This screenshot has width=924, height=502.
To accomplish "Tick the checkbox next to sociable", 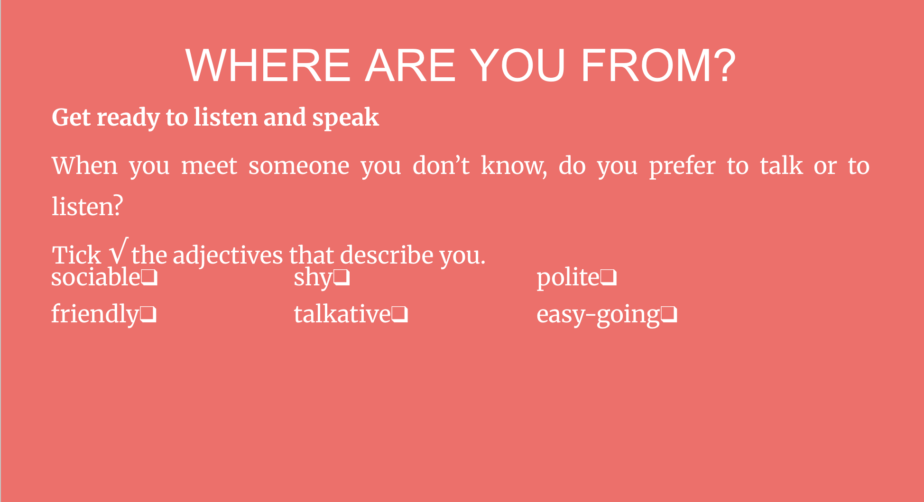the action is pos(149,278).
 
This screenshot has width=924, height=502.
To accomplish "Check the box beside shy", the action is pos(342,278).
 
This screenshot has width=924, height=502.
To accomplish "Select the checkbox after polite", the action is pos(609,278).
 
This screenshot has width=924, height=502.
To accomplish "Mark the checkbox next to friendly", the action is pos(148,315).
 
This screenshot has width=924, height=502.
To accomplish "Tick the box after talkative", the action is pos(399,315).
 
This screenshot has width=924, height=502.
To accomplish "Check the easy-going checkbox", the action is pos(669,315).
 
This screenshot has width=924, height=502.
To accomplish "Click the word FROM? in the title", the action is pos(658,65).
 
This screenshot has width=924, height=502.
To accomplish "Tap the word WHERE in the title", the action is pos(268,65).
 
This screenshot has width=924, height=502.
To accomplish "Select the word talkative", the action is pos(342,314).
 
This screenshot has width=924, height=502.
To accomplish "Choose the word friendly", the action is pos(95,315).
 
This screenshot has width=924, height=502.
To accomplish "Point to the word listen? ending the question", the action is pos(87,207).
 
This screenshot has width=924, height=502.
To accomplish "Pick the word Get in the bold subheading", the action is pos(71,118).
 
